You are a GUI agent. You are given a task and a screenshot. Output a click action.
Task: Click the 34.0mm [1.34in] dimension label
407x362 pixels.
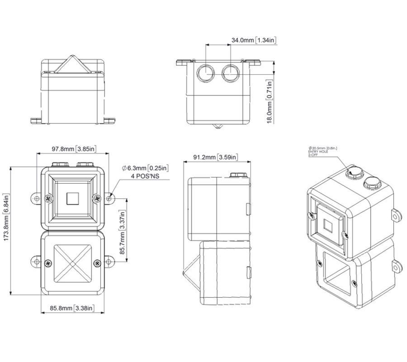pos(254,40)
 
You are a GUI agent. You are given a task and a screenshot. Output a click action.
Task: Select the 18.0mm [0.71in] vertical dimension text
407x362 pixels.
pos(269,101)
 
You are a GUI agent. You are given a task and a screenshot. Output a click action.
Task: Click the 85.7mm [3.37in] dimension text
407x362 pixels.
pos(122,232)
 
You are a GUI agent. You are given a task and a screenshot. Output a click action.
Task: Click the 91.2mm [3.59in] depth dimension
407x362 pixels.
pos(216,157)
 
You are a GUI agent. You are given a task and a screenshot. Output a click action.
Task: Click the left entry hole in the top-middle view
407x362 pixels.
pos(206,71)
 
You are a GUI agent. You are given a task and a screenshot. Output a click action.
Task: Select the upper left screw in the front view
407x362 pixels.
pos(49,198)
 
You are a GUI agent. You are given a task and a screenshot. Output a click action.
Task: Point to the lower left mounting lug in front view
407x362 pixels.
pos(36,262)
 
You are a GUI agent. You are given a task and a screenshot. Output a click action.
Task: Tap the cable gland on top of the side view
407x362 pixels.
pos(237,175)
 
